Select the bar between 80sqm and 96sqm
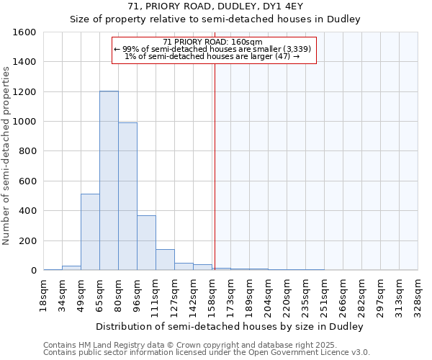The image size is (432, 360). (127, 196)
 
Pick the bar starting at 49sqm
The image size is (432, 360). (90, 232)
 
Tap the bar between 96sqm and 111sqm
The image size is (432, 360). (146, 243)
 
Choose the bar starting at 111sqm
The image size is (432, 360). (165, 259)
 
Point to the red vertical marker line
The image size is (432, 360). (214, 158)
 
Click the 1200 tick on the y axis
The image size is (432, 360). (24, 92)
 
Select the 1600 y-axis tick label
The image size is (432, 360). (24, 32)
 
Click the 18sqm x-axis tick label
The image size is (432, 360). (44, 295)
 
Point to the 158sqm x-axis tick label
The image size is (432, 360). (212, 295)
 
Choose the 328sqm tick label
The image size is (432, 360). (418, 295)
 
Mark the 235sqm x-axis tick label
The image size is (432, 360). (306, 295)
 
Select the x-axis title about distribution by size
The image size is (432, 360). (230, 326)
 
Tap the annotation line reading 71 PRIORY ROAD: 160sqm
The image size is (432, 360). (213, 42)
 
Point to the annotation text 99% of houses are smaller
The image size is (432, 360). (213, 49)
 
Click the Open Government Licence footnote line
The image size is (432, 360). (207, 353)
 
